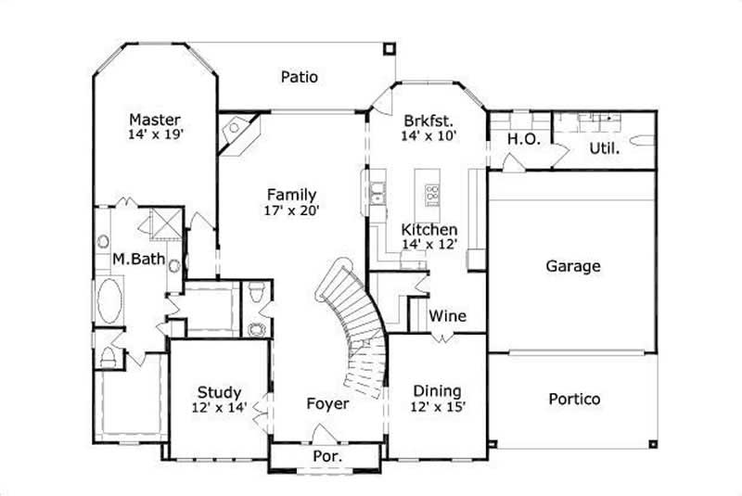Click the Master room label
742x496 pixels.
pyautogui.click(x=155, y=120)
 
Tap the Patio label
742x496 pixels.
pyautogui.click(x=299, y=77)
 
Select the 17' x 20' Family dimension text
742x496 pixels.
pyautogui.click(x=291, y=210)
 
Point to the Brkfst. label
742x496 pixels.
pyautogui.click(x=428, y=121)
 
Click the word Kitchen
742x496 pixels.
pyautogui.click(x=428, y=229)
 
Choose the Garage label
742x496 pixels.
pyautogui.click(x=572, y=266)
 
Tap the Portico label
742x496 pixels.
pyautogui.click(x=573, y=400)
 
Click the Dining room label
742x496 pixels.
pyautogui.click(x=437, y=391)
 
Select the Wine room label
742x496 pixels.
pyautogui.click(x=447, y=316)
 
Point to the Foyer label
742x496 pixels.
pyautogui.click(x=328, y=404)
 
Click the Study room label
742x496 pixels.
pyautogui.click(x=220, y=392)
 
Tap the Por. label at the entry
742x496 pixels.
pyautogui.click(x=327, y=457)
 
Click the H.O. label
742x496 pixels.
pyautogui.click(x=519, y=139)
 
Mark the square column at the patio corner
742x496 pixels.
pyautogui.click(x=389, y=46)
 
